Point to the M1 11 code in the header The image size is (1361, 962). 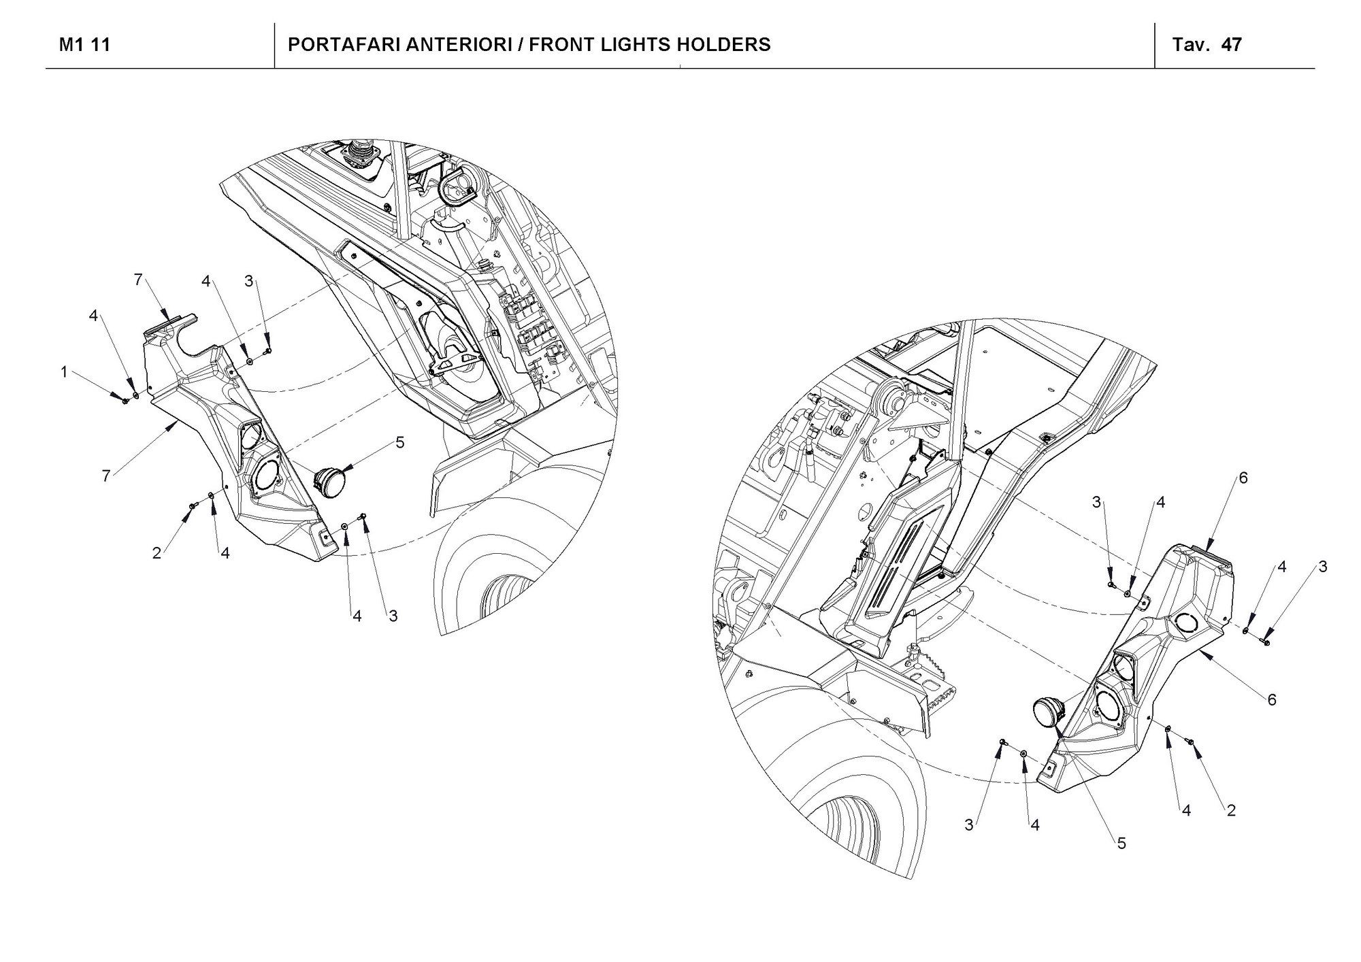coord(85,45)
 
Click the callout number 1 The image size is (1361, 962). coord(64,372)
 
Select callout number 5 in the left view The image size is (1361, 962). coord(399,443)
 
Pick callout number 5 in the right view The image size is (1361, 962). coord(1121,844)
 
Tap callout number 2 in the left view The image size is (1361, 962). coord(157,554)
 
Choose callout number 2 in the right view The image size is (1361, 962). coord(1231,811)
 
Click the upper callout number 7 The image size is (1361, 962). coord(138,280)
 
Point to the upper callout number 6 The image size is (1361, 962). coord(1243,478)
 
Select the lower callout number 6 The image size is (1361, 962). coord(1272,699)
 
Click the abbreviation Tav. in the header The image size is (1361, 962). coord(1190,45)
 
